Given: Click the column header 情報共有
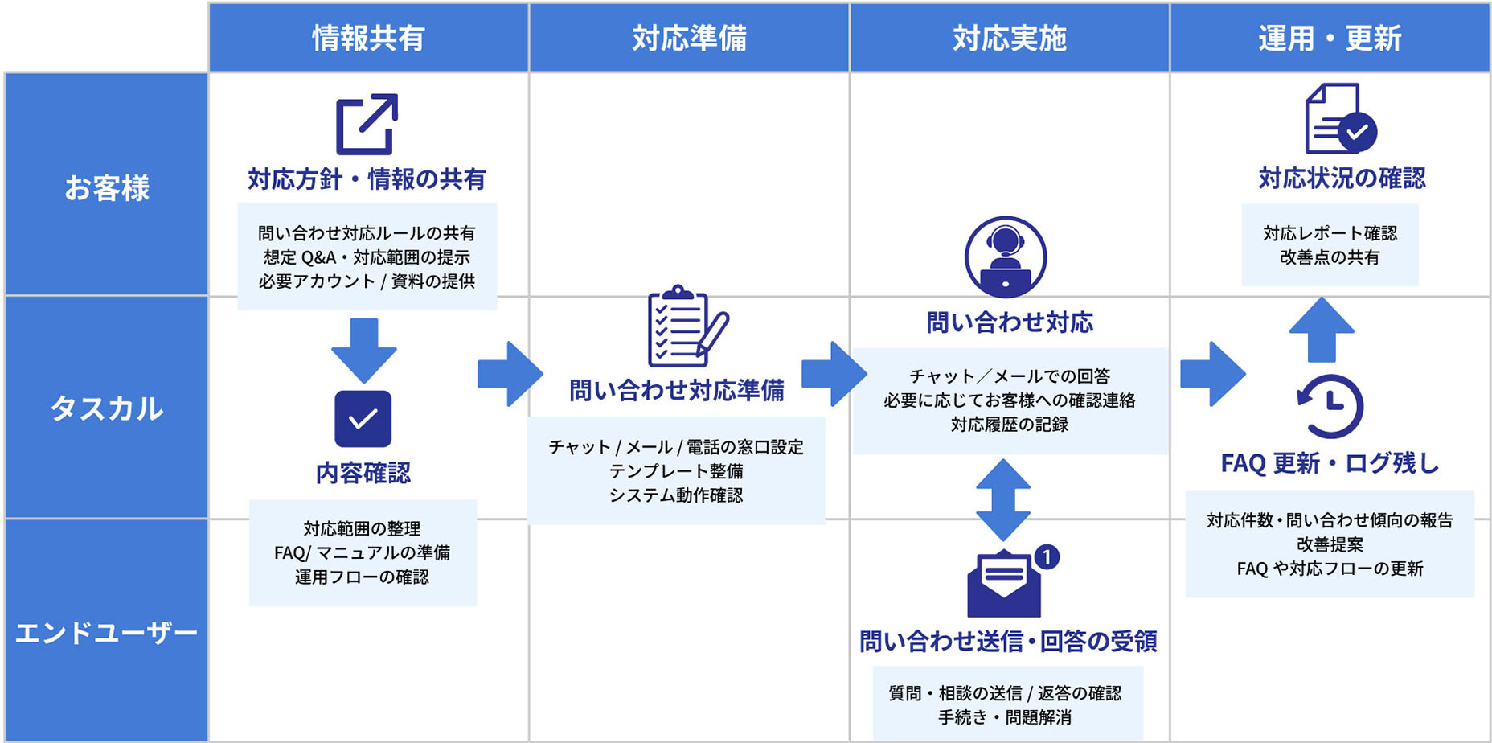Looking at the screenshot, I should [368, 38].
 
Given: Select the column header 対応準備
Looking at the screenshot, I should [689, 38].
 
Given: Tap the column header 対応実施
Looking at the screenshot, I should [1010, 38].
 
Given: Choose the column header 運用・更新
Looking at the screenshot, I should [1330, 38].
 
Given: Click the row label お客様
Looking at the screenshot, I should [107, 187].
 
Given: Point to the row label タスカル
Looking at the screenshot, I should [107, 408].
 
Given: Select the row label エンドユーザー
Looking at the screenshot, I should [107, 633].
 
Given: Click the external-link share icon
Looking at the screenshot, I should [367, 124].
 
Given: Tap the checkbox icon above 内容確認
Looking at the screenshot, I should [363, 418].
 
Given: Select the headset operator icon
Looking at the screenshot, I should [1005, 257].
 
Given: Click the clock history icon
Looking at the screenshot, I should [1330, 405].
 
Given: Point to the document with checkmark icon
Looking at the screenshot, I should [1339, 119].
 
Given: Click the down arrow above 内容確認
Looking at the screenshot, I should [364, 349].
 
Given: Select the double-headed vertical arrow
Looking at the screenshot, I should [1003, 499].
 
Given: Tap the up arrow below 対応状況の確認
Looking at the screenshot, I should [1322, 329].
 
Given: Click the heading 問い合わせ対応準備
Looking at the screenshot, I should [677, 391].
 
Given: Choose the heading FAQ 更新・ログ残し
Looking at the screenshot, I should [1330, 463].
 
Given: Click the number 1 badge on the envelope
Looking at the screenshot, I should [1046, 556].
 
